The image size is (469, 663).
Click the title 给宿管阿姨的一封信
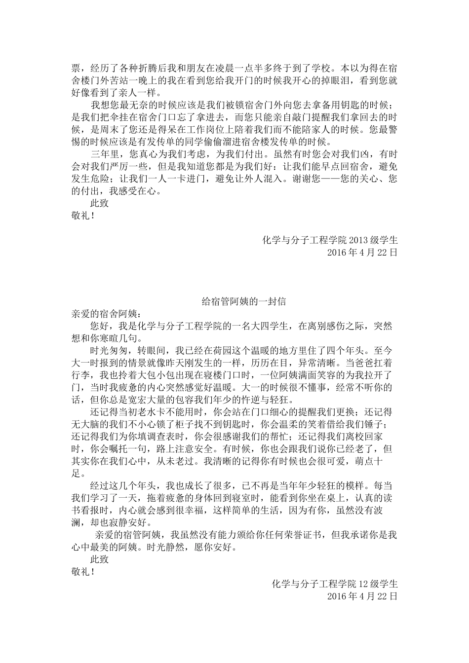[244, 301]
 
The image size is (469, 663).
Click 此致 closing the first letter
[99, 203]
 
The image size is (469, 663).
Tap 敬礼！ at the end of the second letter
[83, 572]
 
